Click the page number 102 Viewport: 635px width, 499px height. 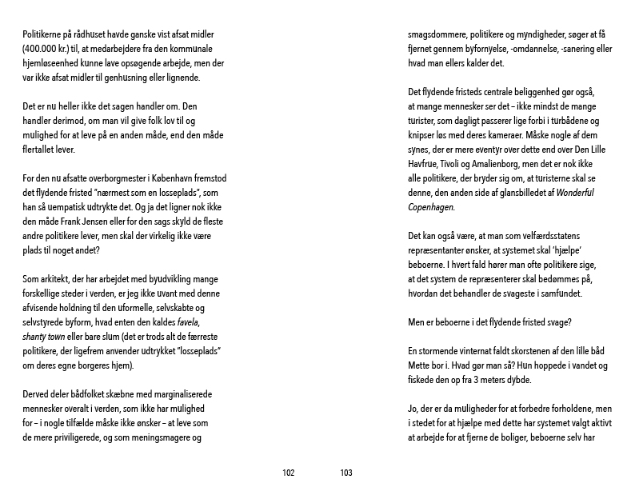[x=289, y=473]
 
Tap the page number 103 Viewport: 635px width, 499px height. [x=346, y=473]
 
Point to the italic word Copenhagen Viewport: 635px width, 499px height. [x=430, y=207]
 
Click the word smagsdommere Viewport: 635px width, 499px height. [x=438, y=35]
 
